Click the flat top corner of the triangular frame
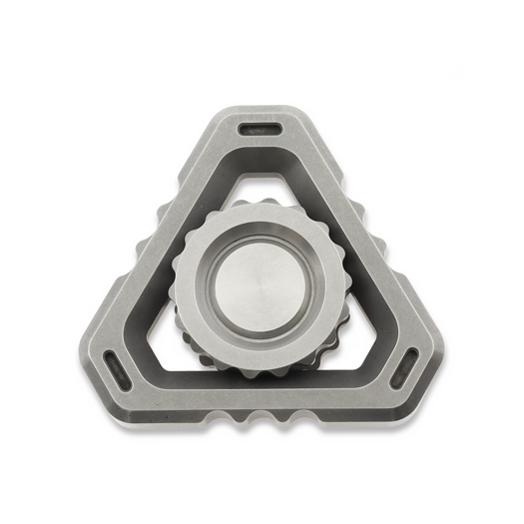(x=262, y=112)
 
